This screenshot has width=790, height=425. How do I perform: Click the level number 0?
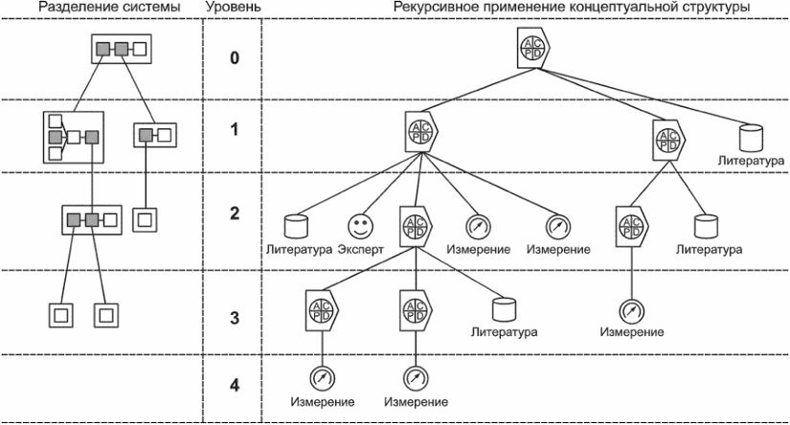click(x=235, y=57)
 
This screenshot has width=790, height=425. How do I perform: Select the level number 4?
click(x=235, y=386)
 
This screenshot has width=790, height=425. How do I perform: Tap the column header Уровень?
click(x=234, y=7)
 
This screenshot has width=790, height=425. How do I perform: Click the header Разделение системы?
click(x=109, y=7)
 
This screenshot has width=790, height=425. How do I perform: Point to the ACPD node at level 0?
click(x=533, y=48)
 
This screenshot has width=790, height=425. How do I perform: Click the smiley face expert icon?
click(x=361, y=226)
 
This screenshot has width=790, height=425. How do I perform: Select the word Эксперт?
click(x=361, y=249)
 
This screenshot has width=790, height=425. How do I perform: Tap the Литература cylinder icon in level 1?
click(x=751, y=139)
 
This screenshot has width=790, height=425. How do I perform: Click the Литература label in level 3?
click(x=504, y=332)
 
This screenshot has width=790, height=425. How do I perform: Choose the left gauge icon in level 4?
click(x=323, y=378)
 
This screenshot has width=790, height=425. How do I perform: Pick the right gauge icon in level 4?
click(x=416, y=378)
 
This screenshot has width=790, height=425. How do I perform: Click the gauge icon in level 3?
click(x=631, y=311)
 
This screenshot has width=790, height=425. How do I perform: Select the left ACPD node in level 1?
click(x=421, y=131)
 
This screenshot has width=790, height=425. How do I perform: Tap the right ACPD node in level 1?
click(x=669, y=141)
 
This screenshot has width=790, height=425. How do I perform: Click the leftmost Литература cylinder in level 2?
click(x=296, y=227)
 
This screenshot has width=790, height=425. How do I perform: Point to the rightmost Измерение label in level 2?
click(x=558, y=249)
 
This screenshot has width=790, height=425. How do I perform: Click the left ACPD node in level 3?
click(x=322, y=310)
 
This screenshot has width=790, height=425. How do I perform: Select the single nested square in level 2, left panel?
click(x=145, y=220)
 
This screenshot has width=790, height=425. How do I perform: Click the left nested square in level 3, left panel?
click(x=61, y=316)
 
